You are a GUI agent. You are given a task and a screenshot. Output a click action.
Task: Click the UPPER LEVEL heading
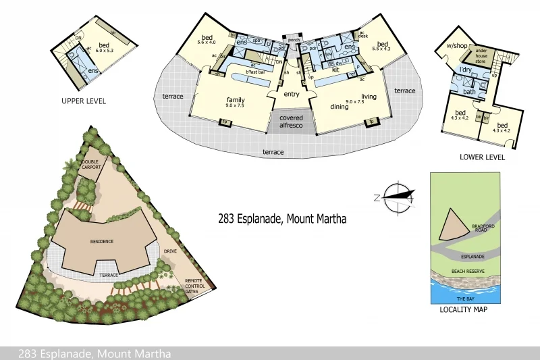83,101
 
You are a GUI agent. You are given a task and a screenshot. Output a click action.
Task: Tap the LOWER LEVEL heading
482,157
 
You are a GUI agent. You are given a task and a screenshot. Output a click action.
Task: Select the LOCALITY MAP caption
463,309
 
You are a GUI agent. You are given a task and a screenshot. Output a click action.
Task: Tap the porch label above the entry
293,40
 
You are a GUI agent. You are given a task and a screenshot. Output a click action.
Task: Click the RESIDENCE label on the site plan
102,241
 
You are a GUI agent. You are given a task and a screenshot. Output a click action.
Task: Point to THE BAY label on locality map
465,298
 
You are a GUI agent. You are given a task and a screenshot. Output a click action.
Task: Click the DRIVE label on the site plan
169,251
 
